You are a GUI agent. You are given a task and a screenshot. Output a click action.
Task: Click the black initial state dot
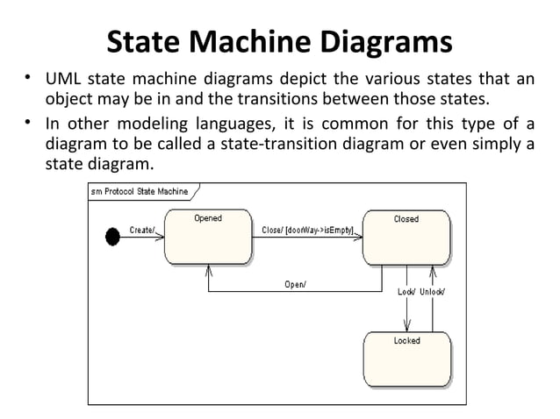(112, 237)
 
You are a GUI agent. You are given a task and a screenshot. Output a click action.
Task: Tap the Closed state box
(406, 237)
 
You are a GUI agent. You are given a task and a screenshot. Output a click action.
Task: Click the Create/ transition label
(142, 230)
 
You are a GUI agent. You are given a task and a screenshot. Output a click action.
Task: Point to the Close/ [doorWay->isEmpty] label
(307, 230)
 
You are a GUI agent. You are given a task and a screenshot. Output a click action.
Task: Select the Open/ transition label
(295, 283)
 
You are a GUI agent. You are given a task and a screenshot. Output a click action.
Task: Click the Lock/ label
(406, 291)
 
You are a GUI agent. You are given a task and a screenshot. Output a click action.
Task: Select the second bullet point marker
(28, 124)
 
